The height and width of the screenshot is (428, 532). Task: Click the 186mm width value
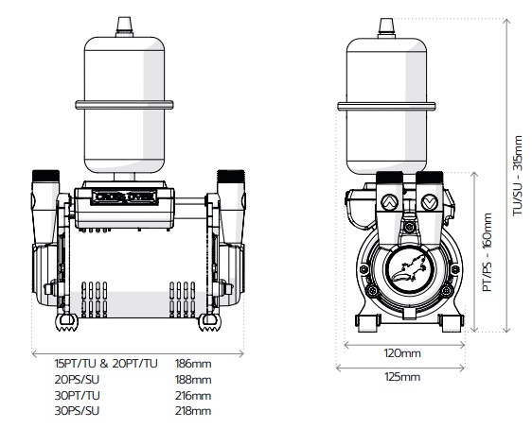coord(193,364)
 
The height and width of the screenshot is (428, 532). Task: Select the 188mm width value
coord(193,380)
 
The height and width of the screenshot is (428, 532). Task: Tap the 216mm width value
coord(193,396)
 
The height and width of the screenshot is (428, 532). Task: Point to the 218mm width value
coord(193,411)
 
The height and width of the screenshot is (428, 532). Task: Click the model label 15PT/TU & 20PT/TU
coord(106,364)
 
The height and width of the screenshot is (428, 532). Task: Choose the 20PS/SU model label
coord(77,380)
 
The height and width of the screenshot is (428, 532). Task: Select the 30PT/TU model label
coord(77,396)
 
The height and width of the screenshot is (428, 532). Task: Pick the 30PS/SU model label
coord(77,411)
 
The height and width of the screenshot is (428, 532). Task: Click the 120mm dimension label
coord(402,353)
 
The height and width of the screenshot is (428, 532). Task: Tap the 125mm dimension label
coord(402,377)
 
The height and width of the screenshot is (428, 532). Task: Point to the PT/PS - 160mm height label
coord(488,252)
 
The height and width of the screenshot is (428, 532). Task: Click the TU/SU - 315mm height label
coord(518,176)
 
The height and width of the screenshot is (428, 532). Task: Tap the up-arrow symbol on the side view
coord(389,202)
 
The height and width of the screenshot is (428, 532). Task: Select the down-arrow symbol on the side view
coord(429,202)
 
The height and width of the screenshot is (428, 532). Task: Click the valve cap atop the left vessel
coord(124,26)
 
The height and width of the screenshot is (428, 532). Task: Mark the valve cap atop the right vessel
coord(386,27)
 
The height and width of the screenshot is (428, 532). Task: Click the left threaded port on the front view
coord(45,176)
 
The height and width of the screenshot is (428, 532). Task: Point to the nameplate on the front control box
coord(124,197)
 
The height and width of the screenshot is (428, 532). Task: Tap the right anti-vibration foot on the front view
coord(209,322)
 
